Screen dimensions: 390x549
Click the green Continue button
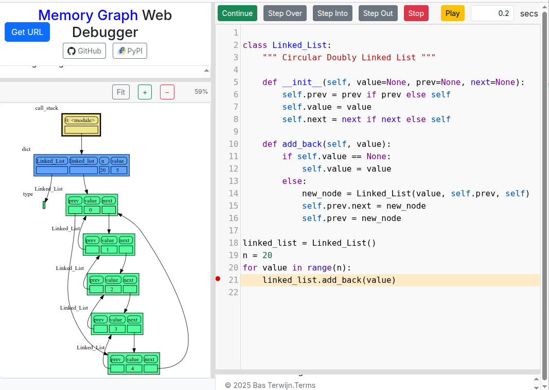tap(237, 13)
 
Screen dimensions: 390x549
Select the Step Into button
tap(332, 13)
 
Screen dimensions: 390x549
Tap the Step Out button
tap(378, 13)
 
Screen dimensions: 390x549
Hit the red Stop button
tap(416, 13)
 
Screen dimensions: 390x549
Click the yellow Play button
tap(452, 13)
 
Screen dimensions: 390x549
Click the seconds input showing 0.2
tap(492, 13)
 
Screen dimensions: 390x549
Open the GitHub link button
tap(85, 51)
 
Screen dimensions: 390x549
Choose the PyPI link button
tap(130, 51)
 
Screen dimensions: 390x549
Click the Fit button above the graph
tap(121, 92)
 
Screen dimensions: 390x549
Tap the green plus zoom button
tap(145, 92)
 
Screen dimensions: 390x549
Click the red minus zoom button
tap(167, 92)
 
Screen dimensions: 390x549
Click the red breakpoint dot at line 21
tap(218, 279)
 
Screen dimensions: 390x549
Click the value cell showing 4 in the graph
tap(133, 368)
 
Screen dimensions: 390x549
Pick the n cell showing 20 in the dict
tap(103, 170)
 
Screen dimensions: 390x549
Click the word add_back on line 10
tap(302, 144)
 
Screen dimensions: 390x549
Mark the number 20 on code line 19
tap(267, 255)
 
